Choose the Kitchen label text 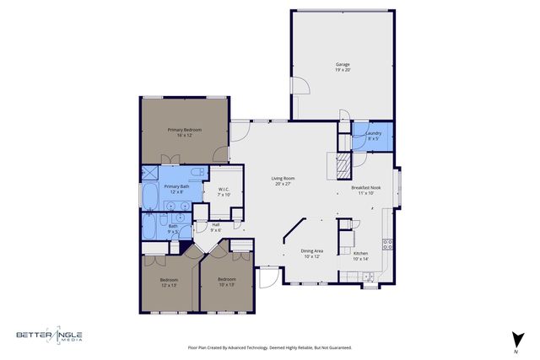tap(360, 254)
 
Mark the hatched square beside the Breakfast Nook tap(343, 166)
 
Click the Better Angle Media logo tap(51, 336)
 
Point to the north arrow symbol tap(513, 338)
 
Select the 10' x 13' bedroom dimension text tap(227, 284)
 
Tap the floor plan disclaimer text tap(269, 347)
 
